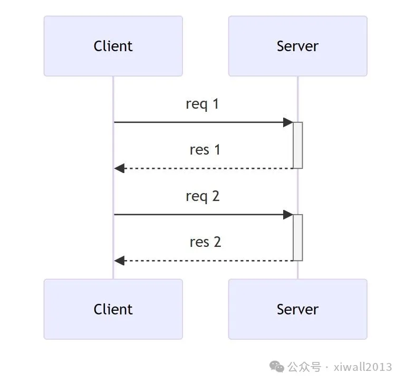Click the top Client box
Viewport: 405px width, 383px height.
point(113,46)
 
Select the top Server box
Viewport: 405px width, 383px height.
point(297,46)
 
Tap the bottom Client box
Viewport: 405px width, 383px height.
point(113,309)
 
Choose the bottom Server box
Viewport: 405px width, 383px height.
point(297,309)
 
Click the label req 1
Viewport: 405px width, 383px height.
point(202,104)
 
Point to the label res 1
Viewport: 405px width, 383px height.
point(205,150)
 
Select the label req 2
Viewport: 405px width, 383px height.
point(202,196)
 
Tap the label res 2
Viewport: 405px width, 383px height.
point(205,242)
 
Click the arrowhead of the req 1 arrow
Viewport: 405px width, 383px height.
point(288,122)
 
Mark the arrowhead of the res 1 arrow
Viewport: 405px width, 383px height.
point(120,168)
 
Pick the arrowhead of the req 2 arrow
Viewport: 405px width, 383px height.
point(288,215)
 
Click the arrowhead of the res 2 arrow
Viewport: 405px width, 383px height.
point(120,261)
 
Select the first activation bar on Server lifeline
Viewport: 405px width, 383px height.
point(298,146)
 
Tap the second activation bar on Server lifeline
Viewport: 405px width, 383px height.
point(298,237)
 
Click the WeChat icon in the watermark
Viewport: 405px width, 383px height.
point(277,366)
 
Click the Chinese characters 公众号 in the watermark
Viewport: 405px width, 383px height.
point(304,367)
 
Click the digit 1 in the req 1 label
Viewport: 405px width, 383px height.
point(215,104)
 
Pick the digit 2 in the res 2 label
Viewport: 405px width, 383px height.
point(216,242)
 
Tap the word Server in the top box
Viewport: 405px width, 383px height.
point(297,46)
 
